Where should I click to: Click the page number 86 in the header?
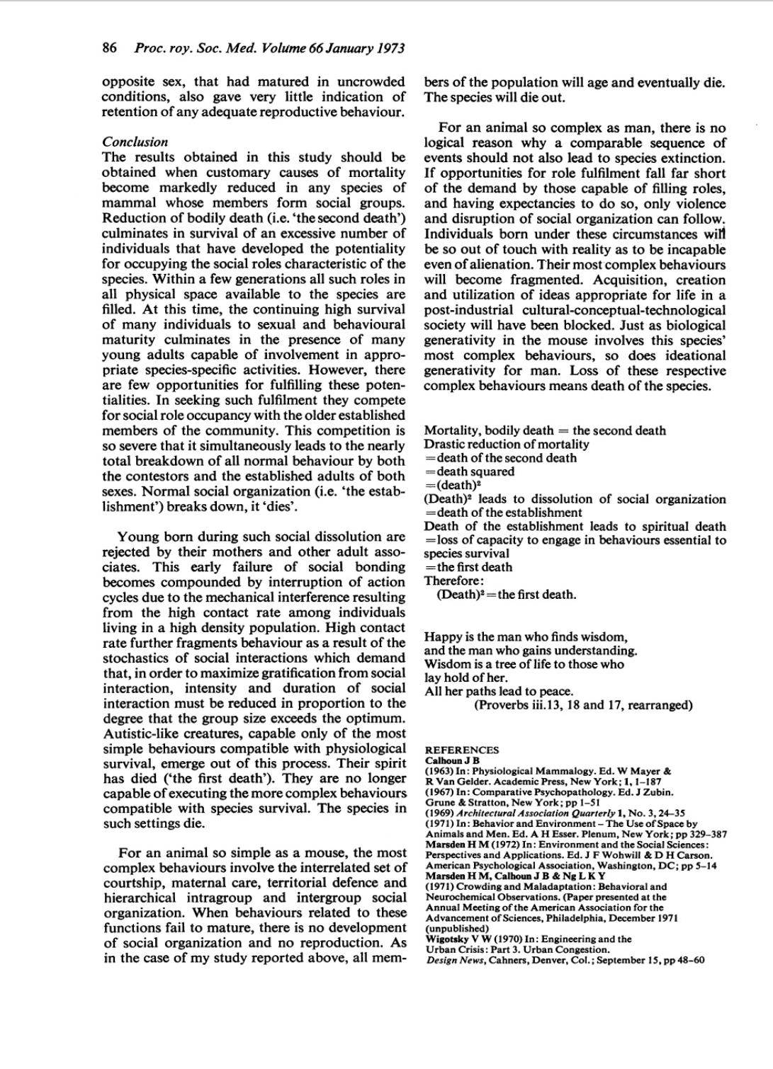click(109, 48)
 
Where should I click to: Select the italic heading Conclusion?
click(135, 142)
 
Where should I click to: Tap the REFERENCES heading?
click(461, 750)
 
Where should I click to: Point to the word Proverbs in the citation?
click(502, 705)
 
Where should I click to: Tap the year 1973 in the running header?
click(390, 48)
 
